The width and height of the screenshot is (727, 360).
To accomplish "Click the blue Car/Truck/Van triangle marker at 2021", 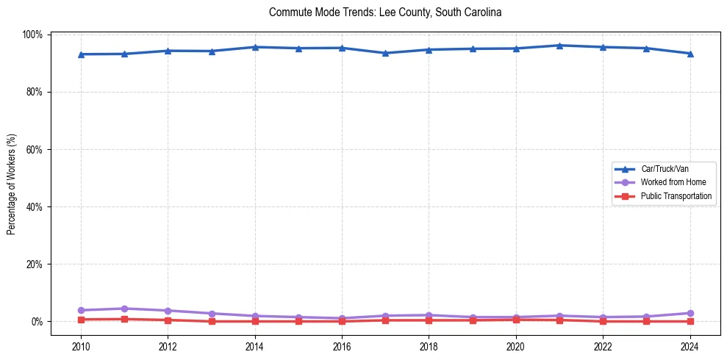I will tap(559, 46).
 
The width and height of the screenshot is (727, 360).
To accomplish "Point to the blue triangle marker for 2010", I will tap(81, 54).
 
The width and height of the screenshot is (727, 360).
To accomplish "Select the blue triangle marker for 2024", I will tap(690, 54).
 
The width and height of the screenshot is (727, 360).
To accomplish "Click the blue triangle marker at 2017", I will tap(385, 53).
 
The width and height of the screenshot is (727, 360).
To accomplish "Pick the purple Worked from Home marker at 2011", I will tap(124, 309).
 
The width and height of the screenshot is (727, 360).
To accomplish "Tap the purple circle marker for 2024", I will tap(690, 313).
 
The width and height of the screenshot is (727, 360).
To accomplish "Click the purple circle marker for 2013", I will tap(212, 314).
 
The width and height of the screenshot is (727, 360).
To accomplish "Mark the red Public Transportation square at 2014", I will tap(255, 321).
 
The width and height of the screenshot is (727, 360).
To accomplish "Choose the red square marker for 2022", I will tap(603, 321).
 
